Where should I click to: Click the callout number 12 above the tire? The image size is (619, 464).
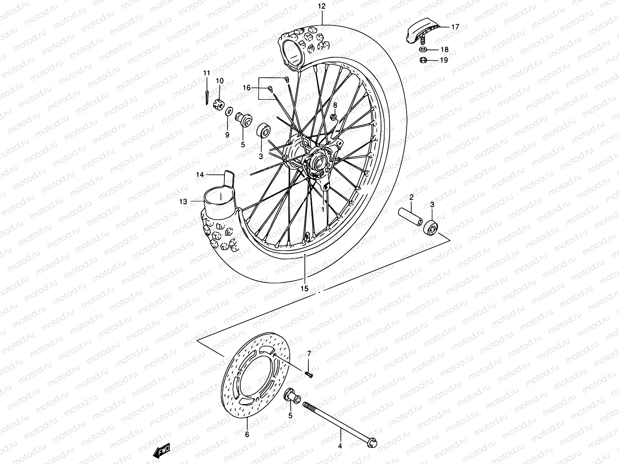(x=322, y=6)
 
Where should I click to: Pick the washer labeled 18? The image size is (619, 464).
(x=423, y=50)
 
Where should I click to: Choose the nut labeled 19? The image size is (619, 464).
(x=423, y=60)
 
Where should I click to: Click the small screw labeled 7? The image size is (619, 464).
(x=308, y=374)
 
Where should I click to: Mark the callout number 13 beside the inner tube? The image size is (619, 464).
(x=183, y=201)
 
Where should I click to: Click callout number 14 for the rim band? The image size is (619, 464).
(x=200, y=175)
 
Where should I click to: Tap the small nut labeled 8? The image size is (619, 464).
(x=334, y=117)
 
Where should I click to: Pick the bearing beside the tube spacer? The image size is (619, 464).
(x=431, y=228)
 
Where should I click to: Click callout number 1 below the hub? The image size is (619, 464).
(x=322, y=209)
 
